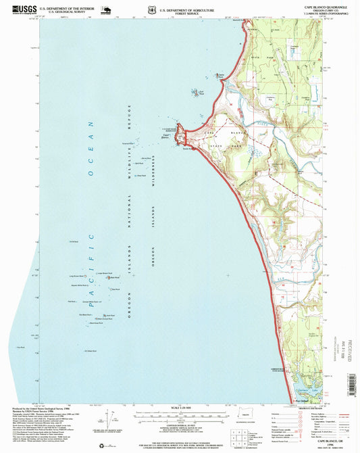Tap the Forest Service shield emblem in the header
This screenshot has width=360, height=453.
click(x=150, y=10)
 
